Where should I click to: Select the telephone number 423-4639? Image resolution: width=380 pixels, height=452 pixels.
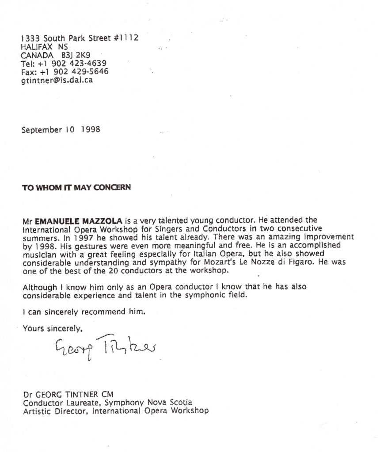92,63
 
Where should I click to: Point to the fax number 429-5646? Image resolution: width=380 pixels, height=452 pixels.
94,72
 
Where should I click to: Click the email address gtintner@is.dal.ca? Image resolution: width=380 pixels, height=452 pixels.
57,80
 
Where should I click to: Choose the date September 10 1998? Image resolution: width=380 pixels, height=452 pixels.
61,130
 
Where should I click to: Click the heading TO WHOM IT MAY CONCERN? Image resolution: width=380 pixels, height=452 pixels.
76,187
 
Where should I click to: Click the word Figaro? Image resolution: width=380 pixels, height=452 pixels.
294,262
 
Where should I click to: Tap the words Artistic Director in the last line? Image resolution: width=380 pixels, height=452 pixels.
53,411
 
